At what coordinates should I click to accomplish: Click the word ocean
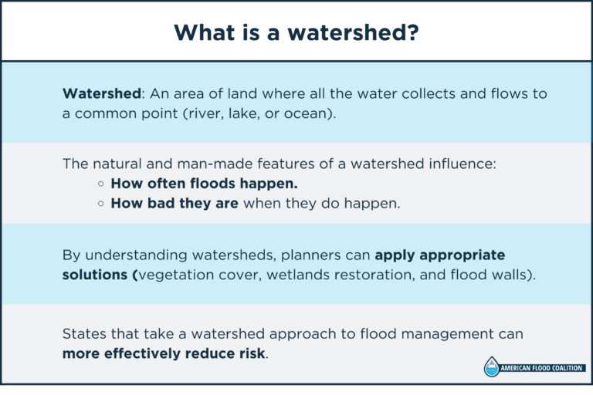click(317, 113)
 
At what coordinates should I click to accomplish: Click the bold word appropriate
click(459, 255)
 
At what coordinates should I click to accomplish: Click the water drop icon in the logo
click(491, 367)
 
